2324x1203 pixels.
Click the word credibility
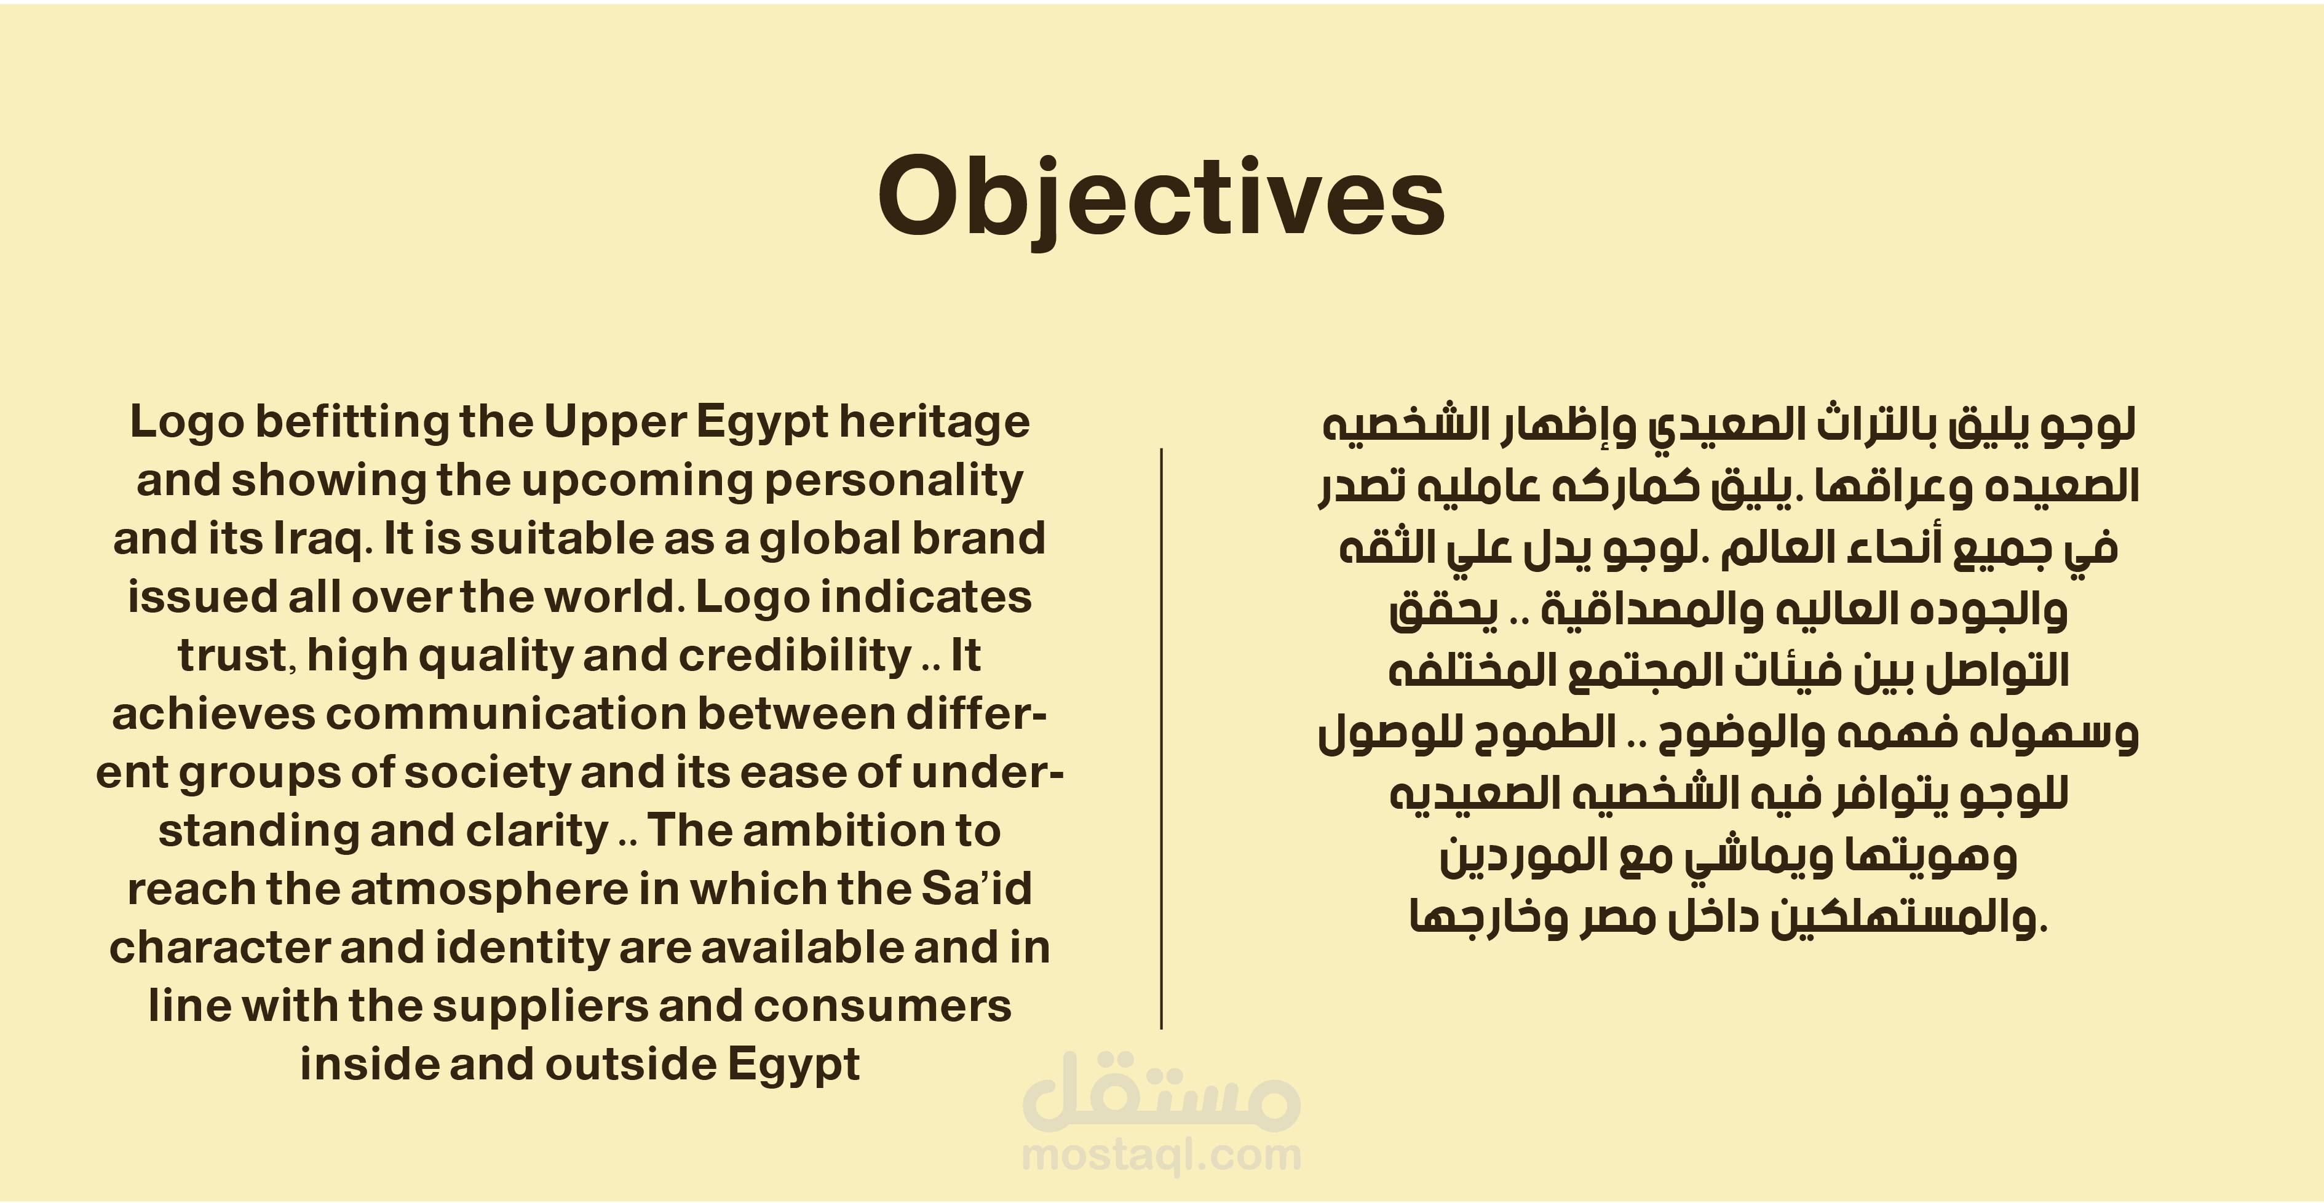click(795, 657)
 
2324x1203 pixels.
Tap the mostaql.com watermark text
click(1161, 1155)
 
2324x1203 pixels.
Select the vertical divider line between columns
click(1161, 738)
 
